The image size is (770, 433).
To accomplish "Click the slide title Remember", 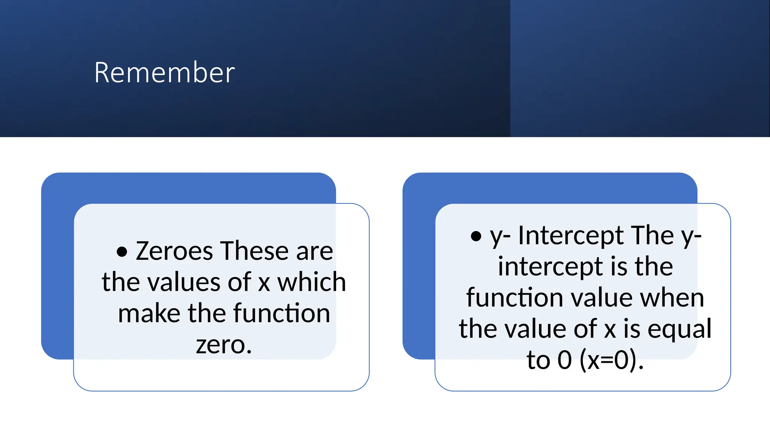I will (164, 72).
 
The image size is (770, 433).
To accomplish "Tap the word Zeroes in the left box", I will (174, 251).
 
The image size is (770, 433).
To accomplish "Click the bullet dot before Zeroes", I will (122, 251).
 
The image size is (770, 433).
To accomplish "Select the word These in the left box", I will (254, 251).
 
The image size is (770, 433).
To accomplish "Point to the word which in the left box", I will (311, 282).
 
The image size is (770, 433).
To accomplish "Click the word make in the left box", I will (149, 313).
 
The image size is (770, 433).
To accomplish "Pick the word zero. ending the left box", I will (224, 344).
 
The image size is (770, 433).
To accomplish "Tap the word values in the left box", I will (183, 282).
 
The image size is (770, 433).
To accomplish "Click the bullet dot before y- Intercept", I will (476, 236).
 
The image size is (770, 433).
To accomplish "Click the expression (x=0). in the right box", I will (612, 360).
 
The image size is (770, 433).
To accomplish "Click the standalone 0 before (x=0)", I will (565, 360).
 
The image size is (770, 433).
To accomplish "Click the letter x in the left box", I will (264, 283).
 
